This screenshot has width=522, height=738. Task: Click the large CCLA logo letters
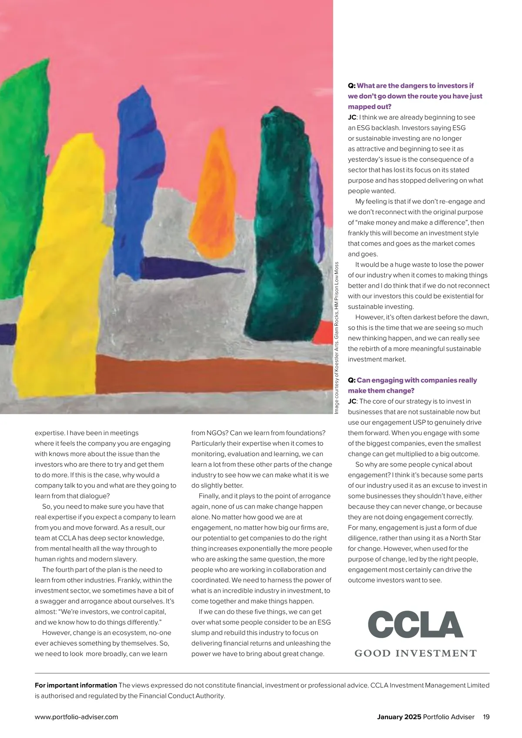pyautogui.click(x=415, y=624)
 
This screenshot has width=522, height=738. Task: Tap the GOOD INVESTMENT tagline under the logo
pyautogui.click(x=415, y=653)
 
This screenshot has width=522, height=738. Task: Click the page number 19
pyautogui.click(x=486, y=717)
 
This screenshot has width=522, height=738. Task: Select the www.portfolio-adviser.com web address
pyautogui.click(x=76, y=717)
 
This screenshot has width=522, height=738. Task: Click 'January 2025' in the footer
pyautogui.click(x=399, y=717)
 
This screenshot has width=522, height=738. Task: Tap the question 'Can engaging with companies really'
pyautogui.click(x=416, y=380)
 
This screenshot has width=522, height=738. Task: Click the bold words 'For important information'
pyautogui.click(x=76, y=685)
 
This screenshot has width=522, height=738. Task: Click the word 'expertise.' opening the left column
pyautogui.click(x=50, y=433)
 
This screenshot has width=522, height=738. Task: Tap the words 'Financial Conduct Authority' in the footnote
pyautogui.click(x=181, y=696)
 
